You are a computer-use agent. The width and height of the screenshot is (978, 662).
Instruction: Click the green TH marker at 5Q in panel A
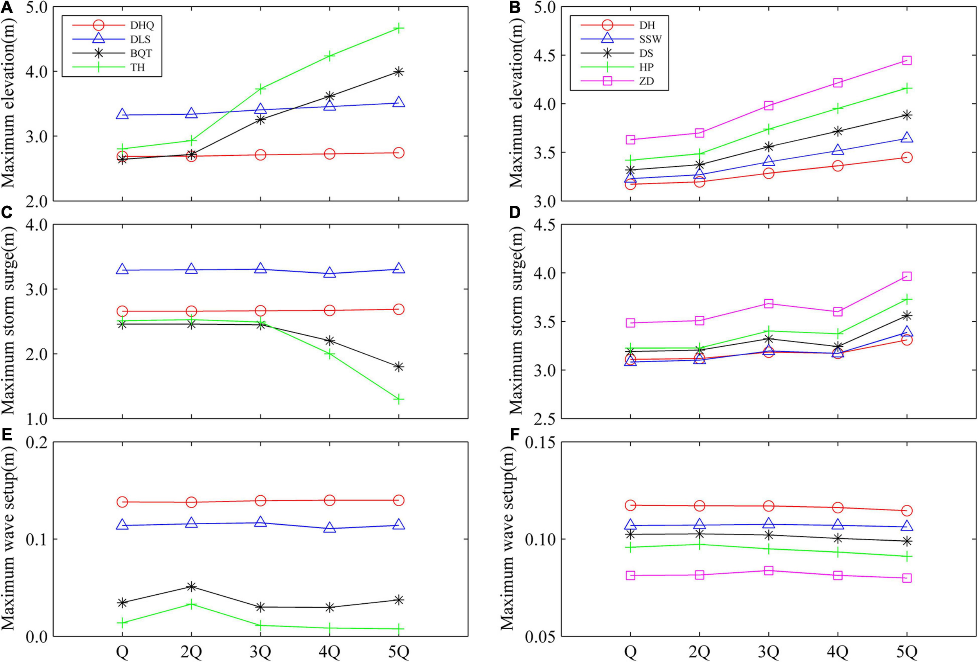point(399,29)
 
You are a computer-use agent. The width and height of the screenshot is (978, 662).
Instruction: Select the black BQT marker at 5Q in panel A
point(399,72)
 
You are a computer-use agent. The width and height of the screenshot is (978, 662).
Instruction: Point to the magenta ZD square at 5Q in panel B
point(907,61)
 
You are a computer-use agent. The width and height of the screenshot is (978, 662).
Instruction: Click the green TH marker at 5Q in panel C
point(399,399)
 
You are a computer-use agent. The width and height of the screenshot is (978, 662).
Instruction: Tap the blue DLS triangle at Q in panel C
point(122,269)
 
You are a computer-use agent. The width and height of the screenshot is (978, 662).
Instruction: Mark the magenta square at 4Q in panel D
point(838,312)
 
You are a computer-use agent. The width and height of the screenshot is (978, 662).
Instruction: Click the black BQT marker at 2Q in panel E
point(191,586)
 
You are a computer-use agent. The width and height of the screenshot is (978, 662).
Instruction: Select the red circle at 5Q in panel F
point(907,511)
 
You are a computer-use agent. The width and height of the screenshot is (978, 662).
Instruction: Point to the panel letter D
point(514,213)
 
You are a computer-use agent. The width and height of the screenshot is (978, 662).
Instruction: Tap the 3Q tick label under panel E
point(261,653)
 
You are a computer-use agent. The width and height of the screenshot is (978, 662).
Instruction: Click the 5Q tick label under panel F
point(907,653)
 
